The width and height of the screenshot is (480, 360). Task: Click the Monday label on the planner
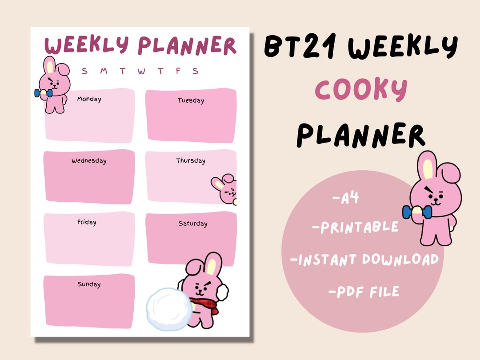tap(89, 99)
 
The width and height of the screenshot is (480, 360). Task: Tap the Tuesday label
tap(191, 100)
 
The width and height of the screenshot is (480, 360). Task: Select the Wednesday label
tap(89, 161)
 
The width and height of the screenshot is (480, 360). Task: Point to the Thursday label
tap(191, 161)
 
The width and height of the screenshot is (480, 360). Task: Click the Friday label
tap(87, 222)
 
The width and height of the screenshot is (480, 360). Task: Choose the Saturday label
tap(193, 224)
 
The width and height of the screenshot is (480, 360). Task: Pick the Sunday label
tap(89, 284)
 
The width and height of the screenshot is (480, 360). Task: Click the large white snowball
tap(169, 309)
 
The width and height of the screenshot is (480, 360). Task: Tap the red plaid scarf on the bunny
tap(205, 306)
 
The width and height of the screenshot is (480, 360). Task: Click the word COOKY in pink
tap(361, 89)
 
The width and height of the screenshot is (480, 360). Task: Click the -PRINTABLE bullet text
tap(355, 228)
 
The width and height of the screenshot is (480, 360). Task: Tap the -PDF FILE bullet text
tap(364, 292)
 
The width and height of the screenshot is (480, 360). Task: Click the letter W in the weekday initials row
tap(141, 71)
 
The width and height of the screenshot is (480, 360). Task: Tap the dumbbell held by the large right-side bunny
tap(416, 212)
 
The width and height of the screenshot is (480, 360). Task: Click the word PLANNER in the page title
tap(187, 46)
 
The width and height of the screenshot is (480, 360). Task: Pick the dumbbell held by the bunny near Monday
tap(43, 93)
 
